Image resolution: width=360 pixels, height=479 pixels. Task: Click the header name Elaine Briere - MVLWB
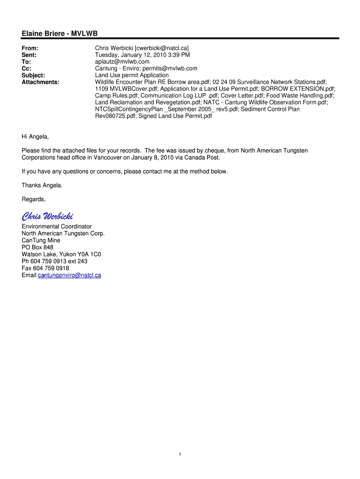coord(59,33)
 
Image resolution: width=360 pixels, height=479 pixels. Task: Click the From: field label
coord(30,48)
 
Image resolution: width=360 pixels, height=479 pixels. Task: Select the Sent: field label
coord(29,55)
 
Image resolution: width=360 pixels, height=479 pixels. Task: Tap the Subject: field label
coord(33,75)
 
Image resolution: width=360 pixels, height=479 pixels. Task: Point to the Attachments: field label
coord(40,82)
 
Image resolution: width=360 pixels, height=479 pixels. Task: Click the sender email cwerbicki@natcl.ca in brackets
coord(162,48)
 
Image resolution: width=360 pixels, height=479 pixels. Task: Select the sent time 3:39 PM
coord(178,55)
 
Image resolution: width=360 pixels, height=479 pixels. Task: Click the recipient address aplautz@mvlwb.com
coord(122,61)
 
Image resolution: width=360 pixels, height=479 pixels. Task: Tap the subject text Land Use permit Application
coord(132,75)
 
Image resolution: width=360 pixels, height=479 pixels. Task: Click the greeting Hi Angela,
coord(35,137)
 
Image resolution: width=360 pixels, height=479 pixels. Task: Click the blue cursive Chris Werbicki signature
coord(47,216)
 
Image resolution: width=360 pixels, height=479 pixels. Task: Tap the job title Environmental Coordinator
coord(57,226)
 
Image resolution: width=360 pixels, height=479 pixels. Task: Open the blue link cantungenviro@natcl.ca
coord(69,276)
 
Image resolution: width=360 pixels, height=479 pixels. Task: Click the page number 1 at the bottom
coord(180,455)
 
